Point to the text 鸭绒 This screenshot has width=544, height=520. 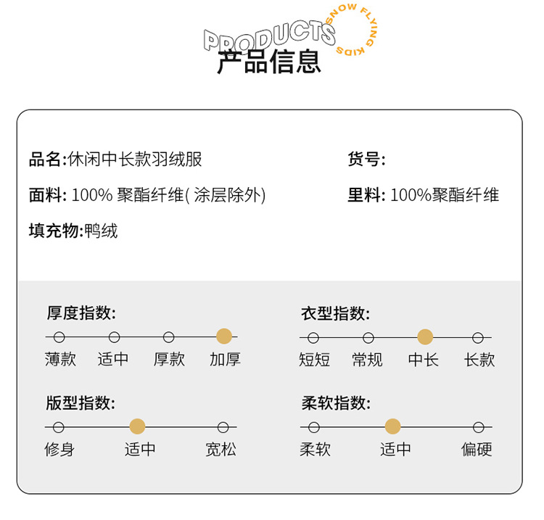click(x=102, y=231)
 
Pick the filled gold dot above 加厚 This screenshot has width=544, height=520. click(x=224, y=337)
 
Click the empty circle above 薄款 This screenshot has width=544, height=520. click(x=59, y=337)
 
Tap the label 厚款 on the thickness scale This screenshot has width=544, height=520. click(x=169, y=359)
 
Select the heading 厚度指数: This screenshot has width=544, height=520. click(x=81, y=313)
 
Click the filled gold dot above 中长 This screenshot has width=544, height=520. click(x=425, y=337)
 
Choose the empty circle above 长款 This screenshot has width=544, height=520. click(x=478, y=337)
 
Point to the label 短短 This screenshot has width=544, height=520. click(x=315, y=359)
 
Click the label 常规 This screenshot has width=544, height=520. click(x=368, y=359)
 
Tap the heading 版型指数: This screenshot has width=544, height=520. click(x=81, y=403)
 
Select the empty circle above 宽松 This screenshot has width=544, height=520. click(x=223, y=427)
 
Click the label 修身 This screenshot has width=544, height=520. click(x=59, y=450)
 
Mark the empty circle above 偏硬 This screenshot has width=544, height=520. click(x=478, y=427)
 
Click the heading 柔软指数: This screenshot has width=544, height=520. click(x=336, y=403)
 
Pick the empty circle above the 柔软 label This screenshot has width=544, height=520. click(x=314, y=427)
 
